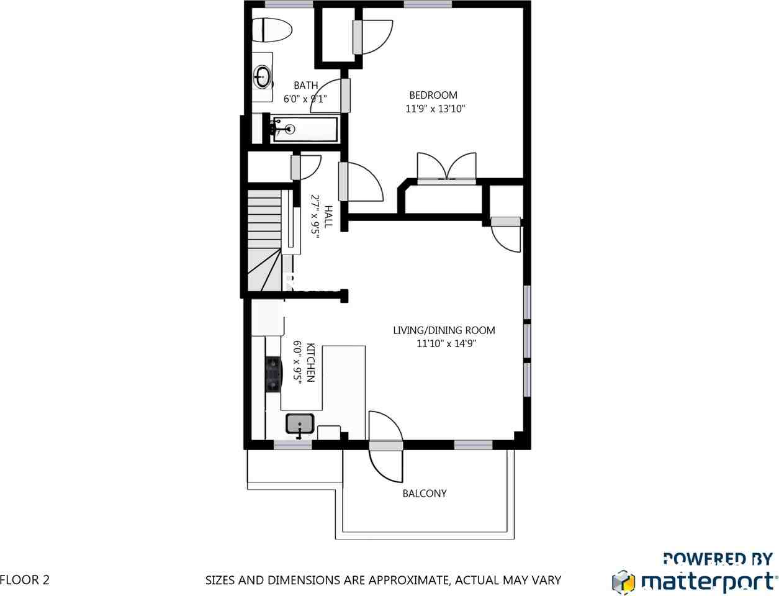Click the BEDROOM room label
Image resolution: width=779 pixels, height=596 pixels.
(x=433, y=95)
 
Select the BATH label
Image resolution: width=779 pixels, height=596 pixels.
(x=305, y=86)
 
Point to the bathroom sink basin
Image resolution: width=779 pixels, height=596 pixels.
(x=263, y=78)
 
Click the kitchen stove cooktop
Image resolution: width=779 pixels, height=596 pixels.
(x=273, y=373)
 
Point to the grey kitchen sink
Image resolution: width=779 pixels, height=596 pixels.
(x=300, y=425)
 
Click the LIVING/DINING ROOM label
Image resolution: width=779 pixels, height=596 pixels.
(x=444, y=330)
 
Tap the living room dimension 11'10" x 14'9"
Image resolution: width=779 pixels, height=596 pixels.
(x=446, y=343)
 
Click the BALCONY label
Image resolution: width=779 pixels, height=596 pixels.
(x=425, y=494)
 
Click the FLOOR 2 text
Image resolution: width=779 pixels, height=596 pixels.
(x=25, y=580)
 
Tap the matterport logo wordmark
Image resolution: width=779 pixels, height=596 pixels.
(x=708, y=582)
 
